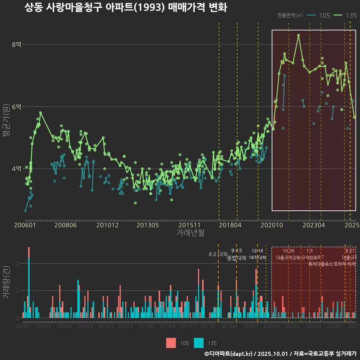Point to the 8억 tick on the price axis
[16, 44]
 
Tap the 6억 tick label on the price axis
[16, 106]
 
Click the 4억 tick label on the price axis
[16, 169]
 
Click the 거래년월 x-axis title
[190, 232]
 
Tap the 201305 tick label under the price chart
[147, 225]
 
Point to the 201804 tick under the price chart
[229, 225]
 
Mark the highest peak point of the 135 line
[298, 35]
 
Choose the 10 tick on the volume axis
[16, 263]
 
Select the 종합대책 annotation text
[237, 258]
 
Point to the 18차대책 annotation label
[257, 258]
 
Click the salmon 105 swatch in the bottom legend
[171, 343]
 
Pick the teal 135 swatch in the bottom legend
[199, 343]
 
